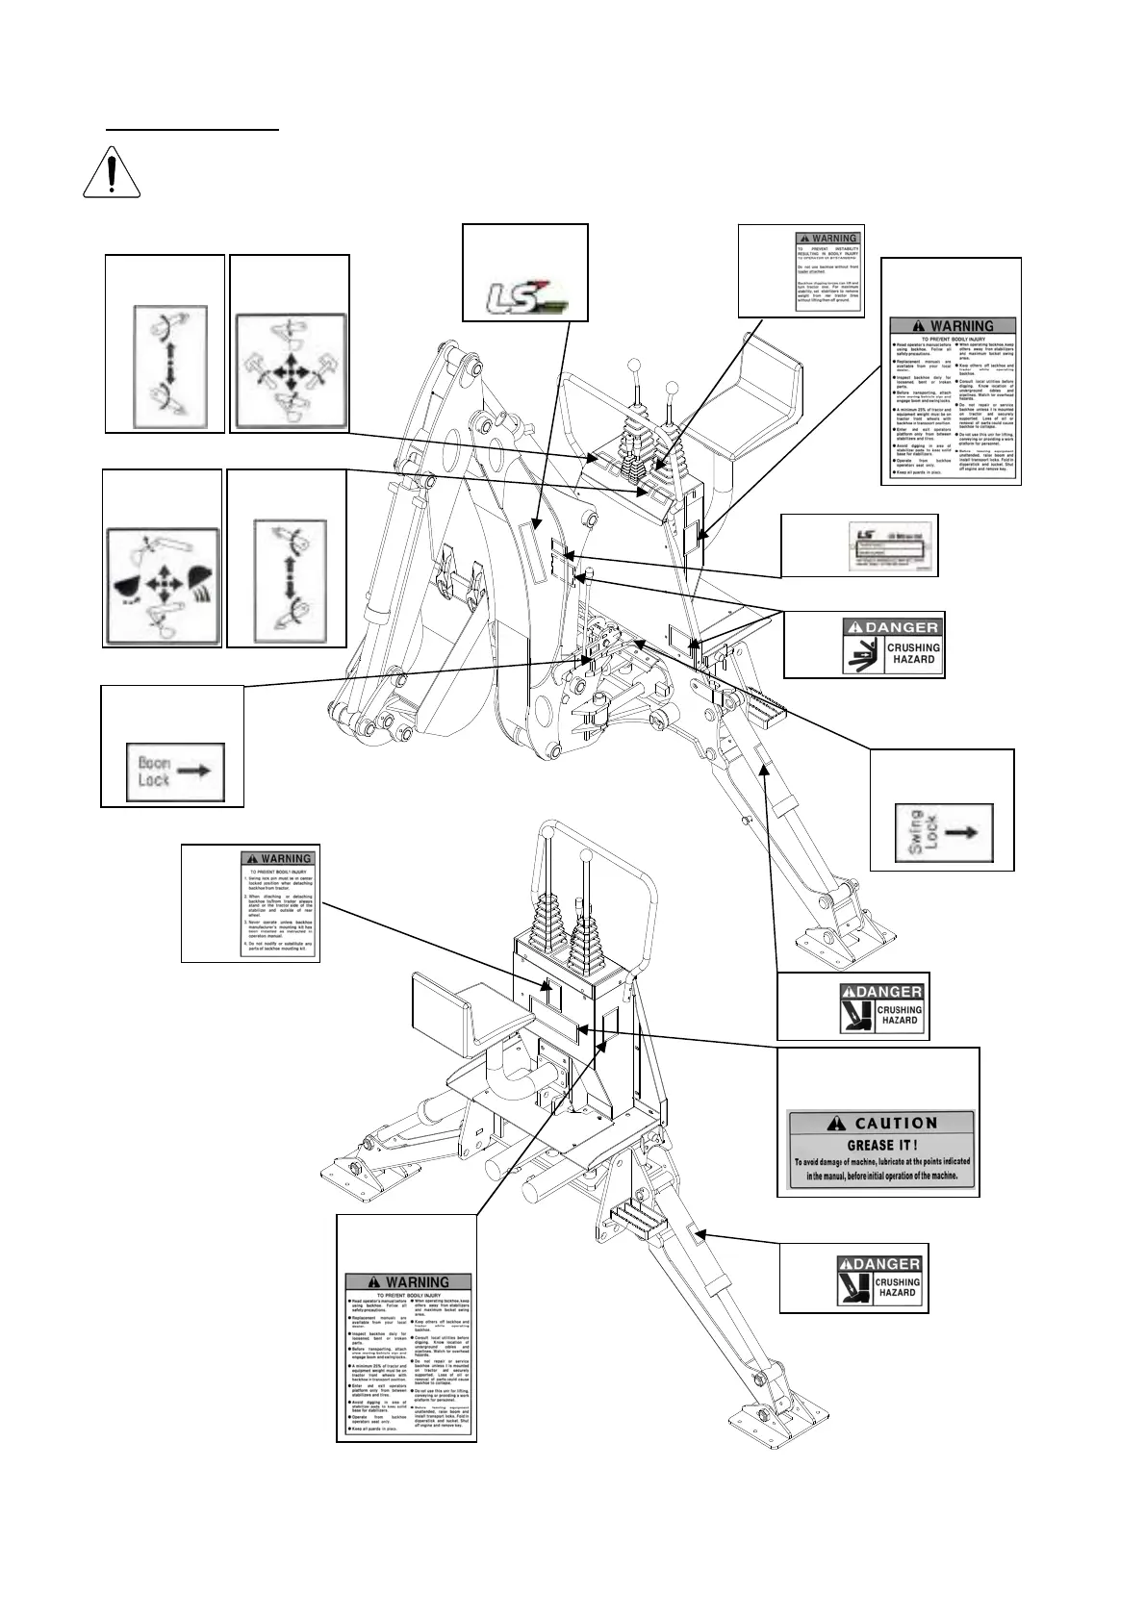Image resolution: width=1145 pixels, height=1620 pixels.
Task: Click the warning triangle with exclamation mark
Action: pos(113,173)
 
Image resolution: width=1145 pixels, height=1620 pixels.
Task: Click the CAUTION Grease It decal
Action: pos(878,1152)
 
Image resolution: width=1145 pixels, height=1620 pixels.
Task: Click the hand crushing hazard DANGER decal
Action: pos(891,646)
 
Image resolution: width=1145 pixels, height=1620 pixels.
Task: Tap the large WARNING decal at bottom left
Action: pos(408,1354)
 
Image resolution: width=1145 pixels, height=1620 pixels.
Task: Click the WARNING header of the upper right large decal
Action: pos(954,326)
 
